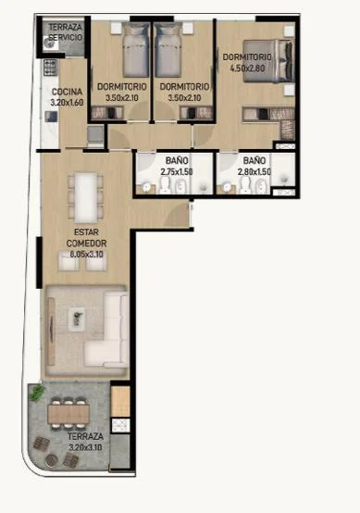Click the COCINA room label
tap(67, 92)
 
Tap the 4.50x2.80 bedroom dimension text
tap(247, 69)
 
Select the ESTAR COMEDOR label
tap(86, 238)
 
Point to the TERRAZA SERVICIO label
tap(66, 32)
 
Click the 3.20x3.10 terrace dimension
tap(85, 447)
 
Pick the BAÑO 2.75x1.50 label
tap(177, 166)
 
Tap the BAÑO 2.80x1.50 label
tap(254, 166)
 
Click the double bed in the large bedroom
tap(268, 61)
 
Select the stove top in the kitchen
tap(50, 68)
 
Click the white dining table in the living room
tap(86, 198)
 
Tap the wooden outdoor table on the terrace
tap(68, 414)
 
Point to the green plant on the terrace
tap(37, 392)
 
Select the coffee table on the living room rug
tap(77, 317)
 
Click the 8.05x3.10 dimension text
tap(87, 255)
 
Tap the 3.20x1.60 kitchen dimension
tap(67, 103)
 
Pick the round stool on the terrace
tap(51, 459)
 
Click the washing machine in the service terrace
tap(51, 43)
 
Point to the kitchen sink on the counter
tap(51, 117)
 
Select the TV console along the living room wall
tap(51, 331)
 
